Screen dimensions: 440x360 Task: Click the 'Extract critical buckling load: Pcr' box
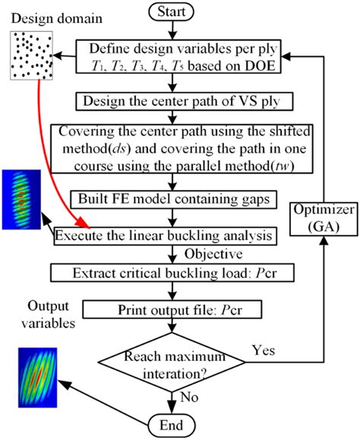point(173,272)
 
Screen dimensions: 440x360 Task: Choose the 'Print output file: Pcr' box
point(173,309)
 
